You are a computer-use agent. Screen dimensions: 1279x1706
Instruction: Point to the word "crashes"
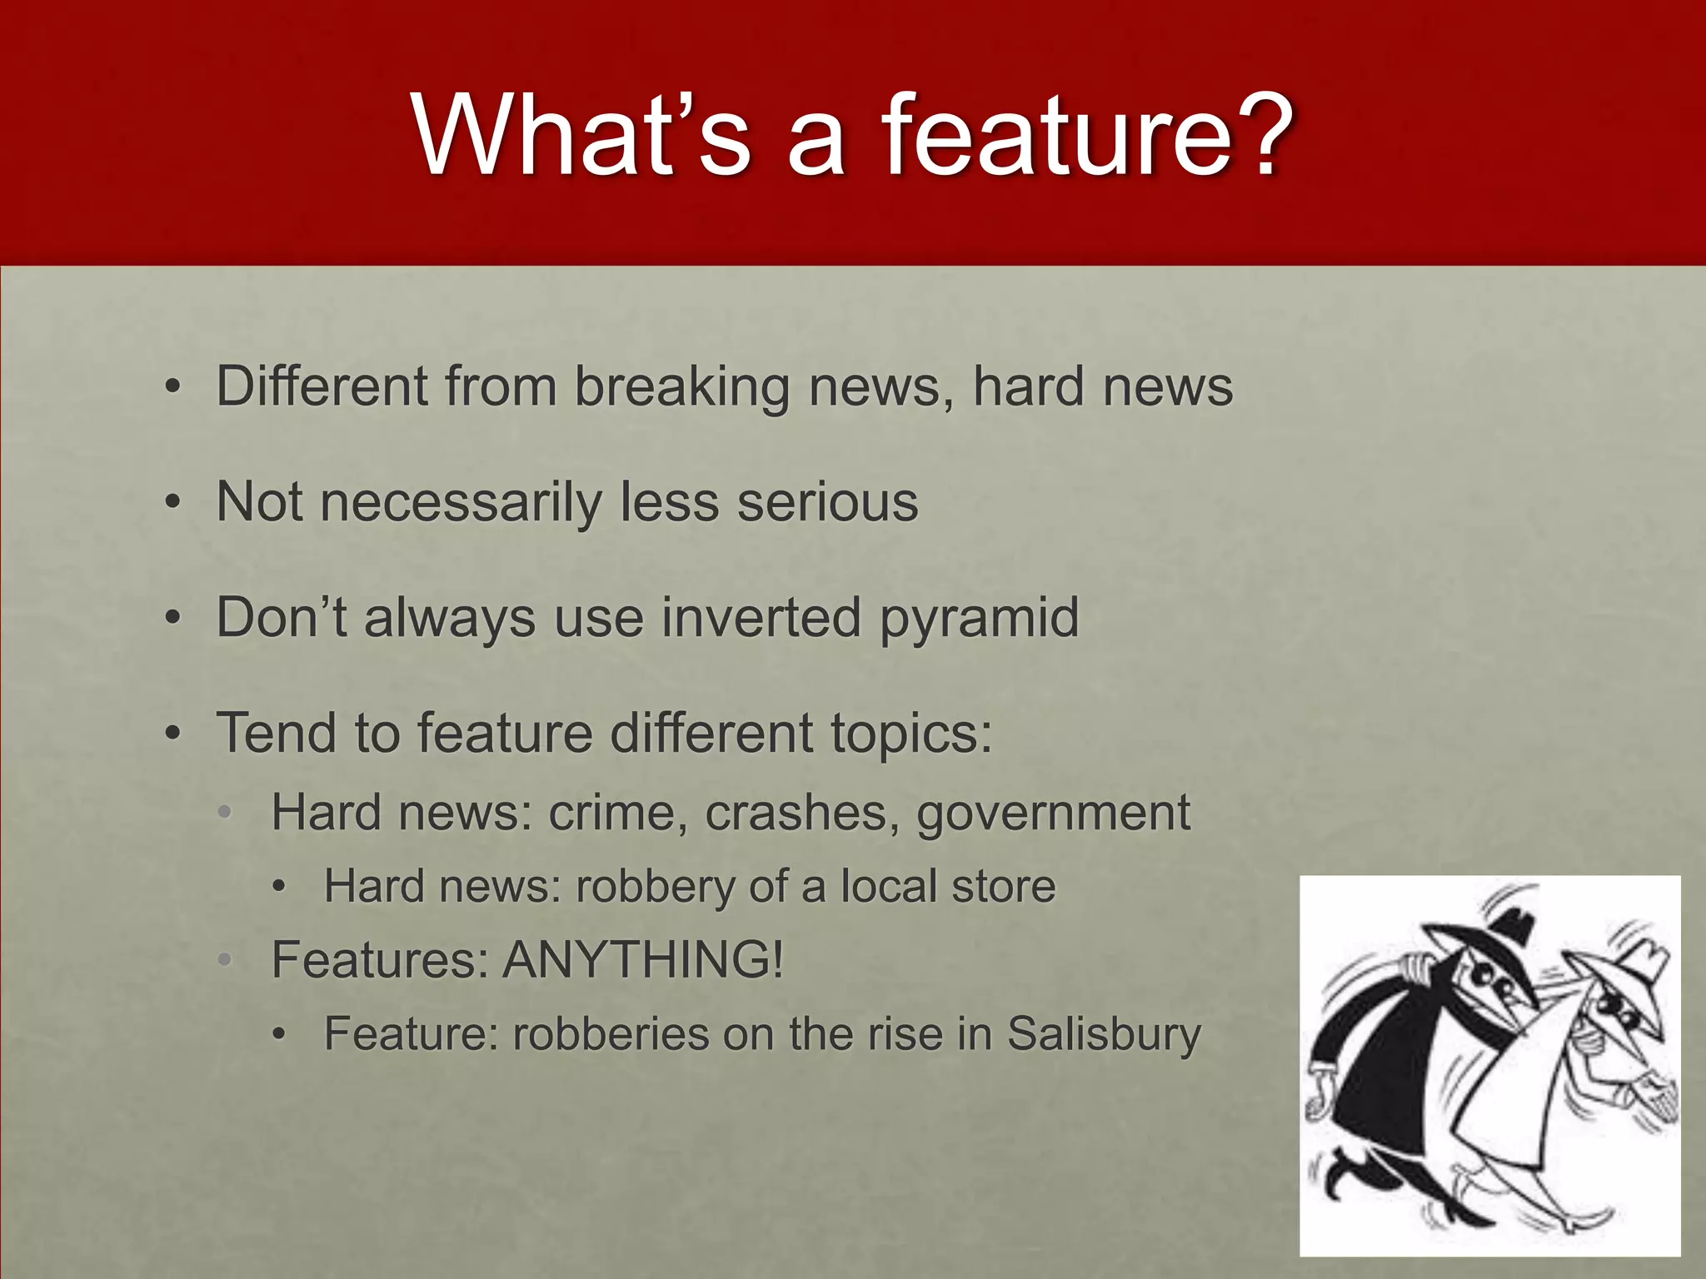[796, 813]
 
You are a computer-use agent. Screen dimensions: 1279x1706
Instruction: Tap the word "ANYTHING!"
[643, 959]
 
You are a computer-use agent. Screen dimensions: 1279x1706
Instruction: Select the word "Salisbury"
[1104, 1034]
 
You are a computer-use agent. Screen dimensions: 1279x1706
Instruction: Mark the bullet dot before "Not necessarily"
[172, 503]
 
